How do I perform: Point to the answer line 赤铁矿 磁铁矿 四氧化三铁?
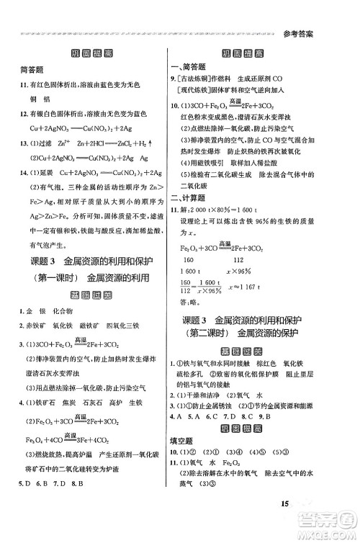tap(72, 325)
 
